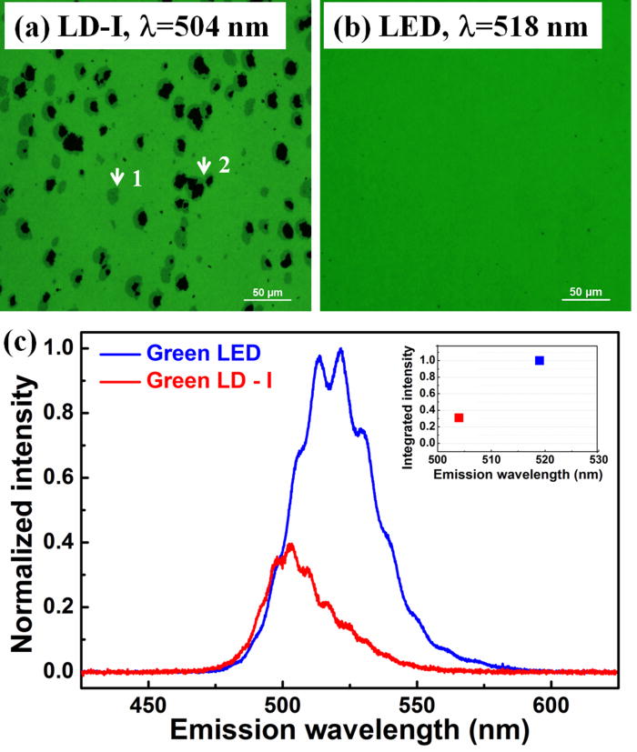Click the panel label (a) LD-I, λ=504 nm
coord(143,29)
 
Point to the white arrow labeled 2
coord(203,165)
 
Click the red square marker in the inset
coord(460,417)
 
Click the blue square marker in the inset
coord(540,361)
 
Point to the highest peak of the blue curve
coord(340,349)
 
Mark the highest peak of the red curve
coord(291,545)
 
